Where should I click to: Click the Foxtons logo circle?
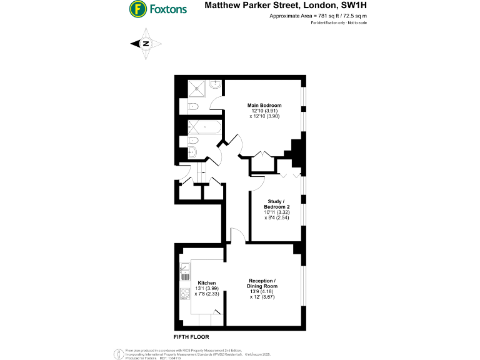[x=137, y=9]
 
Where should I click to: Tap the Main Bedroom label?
[x=264, y=105]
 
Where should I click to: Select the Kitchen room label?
[x=207, y=283]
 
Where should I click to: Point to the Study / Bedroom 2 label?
[x=277, y=204]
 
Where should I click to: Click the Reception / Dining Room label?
[x=262, y=283]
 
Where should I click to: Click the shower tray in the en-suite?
[x=198, y=88]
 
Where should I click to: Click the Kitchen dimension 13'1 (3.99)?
[x=207, y=289]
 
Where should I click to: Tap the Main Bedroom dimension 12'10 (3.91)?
[x=264, y=111]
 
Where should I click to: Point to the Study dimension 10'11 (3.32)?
[x=277, y=212]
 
